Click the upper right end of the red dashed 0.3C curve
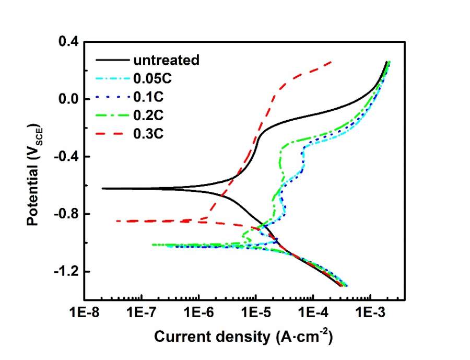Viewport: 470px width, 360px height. click(x=332, y=62)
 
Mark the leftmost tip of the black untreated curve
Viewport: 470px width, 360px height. click(x=102, y=189)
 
